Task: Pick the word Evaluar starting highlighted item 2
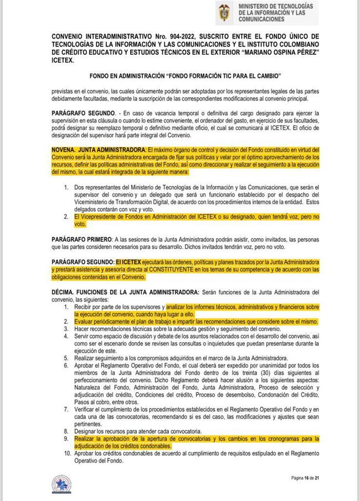tap(86, 321)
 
